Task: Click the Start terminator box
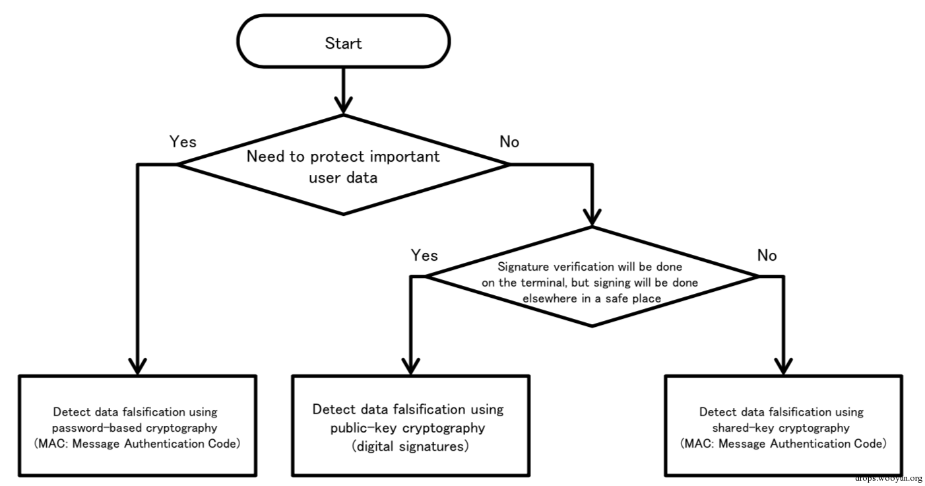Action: pos(343,42)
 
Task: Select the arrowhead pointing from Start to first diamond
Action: pos(343,105)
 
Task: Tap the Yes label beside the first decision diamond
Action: pos(183,142)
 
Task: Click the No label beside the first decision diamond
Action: pos(509,142)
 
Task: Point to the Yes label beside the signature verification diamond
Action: pos(424,256)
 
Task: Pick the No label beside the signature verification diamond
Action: pos(767,256)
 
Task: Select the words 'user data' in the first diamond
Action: pos(343,178)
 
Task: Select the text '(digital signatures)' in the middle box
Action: pos(410,446)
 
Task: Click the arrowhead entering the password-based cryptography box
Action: pos(137,366)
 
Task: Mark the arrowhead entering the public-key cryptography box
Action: pos(410,366)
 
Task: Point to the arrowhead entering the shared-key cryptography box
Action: pos(783,366)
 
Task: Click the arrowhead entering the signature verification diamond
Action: pos(592,217)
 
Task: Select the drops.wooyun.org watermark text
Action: pos(889,478)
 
